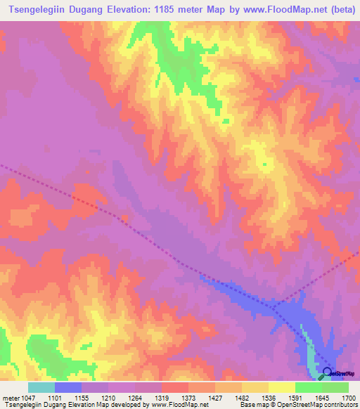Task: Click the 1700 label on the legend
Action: pos(349,397)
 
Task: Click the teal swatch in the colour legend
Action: pos(41,387)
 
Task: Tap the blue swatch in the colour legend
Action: pos(68,387)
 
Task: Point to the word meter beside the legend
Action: pos(10,397)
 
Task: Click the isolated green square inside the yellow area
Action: pos(265,165)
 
